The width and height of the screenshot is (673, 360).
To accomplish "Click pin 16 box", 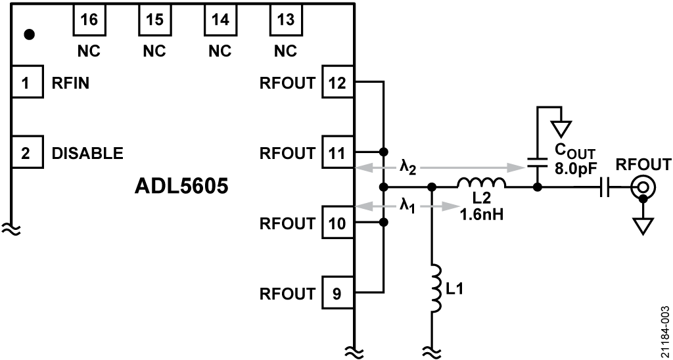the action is click(89, 19).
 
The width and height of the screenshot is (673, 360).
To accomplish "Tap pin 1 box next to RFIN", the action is click(27, 82).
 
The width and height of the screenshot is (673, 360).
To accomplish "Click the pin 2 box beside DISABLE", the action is click(27, 152).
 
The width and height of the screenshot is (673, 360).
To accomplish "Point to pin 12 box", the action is click(338, 82).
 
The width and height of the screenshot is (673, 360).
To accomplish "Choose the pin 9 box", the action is click(338, 293).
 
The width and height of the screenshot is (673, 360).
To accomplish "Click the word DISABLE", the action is click(87, 153).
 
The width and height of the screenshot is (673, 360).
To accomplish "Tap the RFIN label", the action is click(71, 83).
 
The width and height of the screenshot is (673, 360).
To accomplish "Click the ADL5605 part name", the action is click(181, 187).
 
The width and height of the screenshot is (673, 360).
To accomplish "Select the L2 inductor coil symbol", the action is click(482, 183).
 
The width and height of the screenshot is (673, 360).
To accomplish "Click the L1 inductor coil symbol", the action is click(436, 288).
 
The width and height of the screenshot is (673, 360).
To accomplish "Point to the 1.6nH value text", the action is click(480, 214).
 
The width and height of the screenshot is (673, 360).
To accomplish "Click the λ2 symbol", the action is click(407, 167).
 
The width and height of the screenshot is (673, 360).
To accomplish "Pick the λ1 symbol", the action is click(407, 206).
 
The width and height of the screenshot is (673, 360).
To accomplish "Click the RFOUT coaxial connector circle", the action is click(643, 187).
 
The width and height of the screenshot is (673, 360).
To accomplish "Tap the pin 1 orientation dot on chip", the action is click(29, 34).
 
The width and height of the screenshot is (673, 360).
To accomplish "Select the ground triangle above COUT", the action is click(561, 128).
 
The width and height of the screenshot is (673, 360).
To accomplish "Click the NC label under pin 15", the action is click(154, 51).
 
